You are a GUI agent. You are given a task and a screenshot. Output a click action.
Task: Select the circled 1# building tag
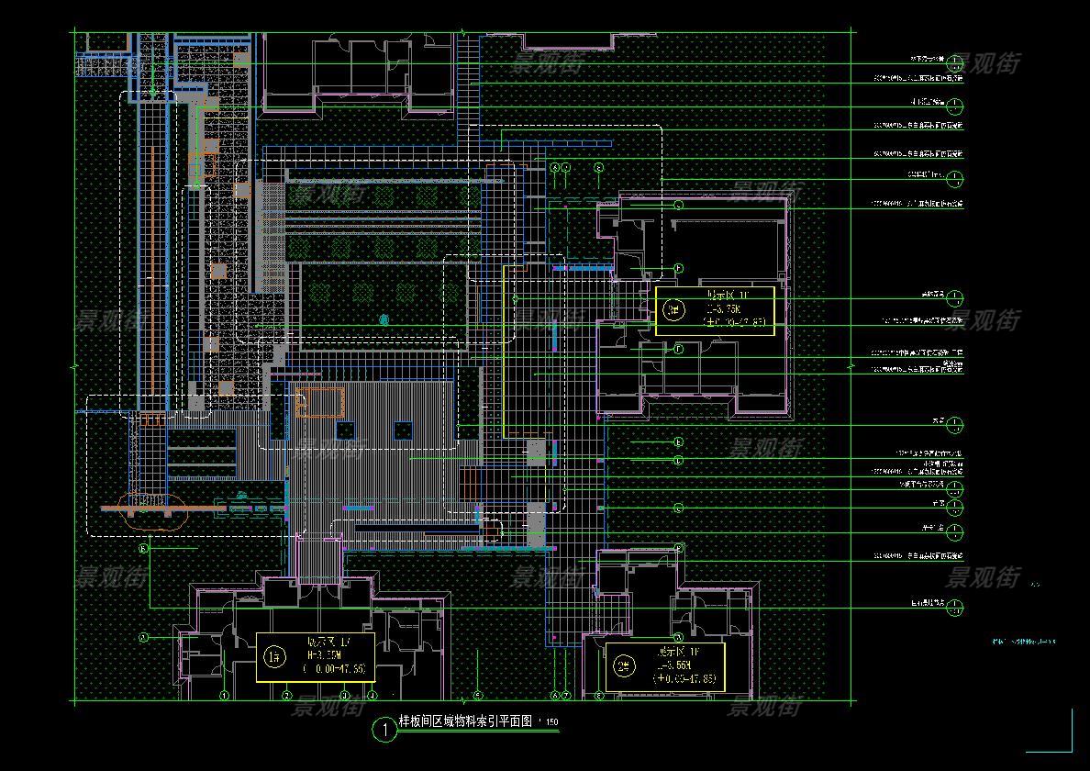274,656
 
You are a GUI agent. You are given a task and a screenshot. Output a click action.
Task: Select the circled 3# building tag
674,309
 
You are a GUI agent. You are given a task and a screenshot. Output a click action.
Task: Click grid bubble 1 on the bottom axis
225,696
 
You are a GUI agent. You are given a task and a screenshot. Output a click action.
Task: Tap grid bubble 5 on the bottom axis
477,696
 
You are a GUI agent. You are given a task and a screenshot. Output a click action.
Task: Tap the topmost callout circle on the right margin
955,62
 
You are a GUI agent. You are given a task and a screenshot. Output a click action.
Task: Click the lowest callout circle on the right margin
955,607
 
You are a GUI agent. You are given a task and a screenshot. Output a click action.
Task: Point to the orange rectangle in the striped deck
319,401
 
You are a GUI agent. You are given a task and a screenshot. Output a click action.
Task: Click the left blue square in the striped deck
346,430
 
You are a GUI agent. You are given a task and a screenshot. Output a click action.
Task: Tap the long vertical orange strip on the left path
149,275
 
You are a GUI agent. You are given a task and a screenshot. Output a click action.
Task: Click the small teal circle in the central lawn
384,320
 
